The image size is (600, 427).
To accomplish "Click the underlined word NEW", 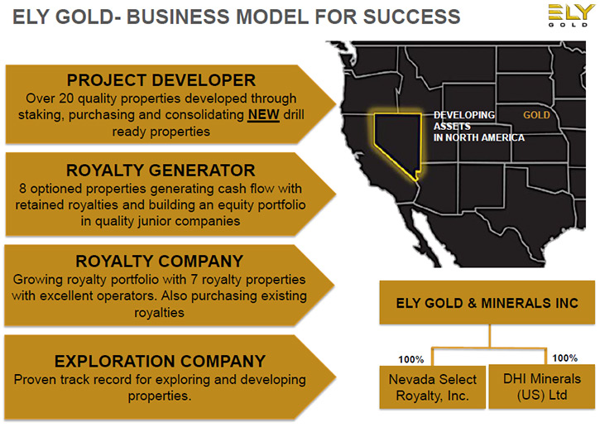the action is pos(263,115).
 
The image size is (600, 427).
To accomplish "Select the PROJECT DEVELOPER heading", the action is pos(161,80).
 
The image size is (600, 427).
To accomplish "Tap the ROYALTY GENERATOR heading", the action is pos(161,170).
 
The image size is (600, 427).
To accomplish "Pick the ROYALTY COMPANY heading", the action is pos(159,261).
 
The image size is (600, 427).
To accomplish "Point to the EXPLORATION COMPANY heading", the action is pos(160,362).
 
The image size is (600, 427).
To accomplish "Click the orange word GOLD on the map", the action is pos(536,115).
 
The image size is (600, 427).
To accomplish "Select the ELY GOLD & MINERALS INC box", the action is pos(487,303).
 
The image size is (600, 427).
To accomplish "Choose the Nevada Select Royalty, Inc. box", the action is pos(433,387).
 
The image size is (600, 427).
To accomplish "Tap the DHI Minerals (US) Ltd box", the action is pos(542,386).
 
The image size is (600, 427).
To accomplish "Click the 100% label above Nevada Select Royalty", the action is pos(411,360).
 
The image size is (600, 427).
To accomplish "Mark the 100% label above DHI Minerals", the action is pos(564,358).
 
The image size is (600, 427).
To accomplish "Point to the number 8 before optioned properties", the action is pos(23,189).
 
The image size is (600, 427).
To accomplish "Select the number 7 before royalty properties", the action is pos(194,280).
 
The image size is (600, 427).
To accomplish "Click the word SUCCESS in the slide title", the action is pos(411,17).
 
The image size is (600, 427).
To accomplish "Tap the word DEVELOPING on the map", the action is pos(464,115).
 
